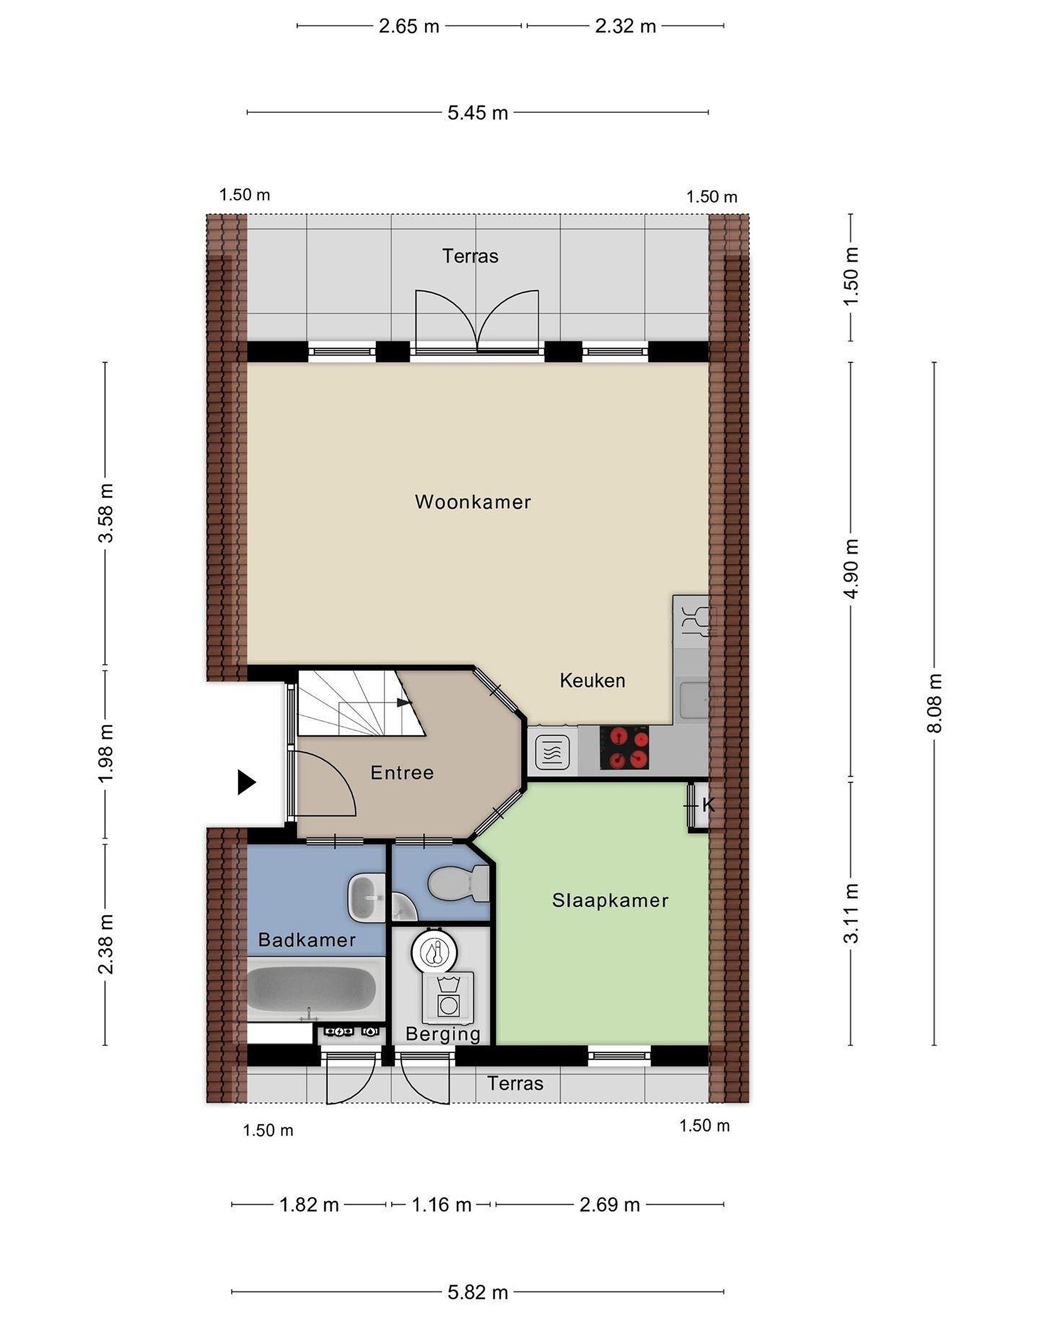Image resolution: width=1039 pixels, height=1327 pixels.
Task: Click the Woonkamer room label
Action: click(473, 502)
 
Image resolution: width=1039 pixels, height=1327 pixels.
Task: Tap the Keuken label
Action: click(593, 681)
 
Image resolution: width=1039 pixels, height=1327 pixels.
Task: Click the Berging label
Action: click(443, 1034)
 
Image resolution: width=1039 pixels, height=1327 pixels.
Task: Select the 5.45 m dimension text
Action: click(477, 112)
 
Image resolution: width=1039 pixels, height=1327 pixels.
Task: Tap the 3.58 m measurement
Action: click(106, 513)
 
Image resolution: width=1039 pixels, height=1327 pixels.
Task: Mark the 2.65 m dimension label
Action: click(409, 26)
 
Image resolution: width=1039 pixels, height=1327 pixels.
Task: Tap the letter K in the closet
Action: click(708, 805)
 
